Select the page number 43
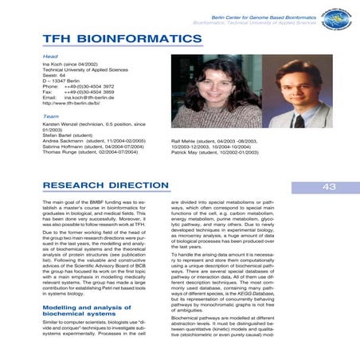click(x=329, y=187)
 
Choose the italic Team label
click(x=51, y=116)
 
